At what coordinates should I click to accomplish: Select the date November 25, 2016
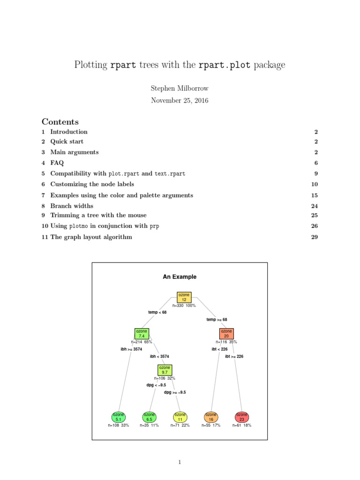(x=180, y=100)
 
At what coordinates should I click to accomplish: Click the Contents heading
(x=60, y=121)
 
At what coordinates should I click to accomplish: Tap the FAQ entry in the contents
(x=57, y=163)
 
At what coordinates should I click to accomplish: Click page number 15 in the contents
(x=315, y=195)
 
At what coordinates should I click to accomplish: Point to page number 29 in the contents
(x=315, y=237)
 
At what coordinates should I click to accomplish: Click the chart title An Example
(x=180, y=277)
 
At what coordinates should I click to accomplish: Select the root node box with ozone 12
(x=184, y=297)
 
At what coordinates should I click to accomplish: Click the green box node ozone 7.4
(x=142, y=334)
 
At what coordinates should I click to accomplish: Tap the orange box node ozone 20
(x=226, y=334)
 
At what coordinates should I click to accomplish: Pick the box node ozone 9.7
(x=165, y=370)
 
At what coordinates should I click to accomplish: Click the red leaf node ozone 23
(x=241, y=417)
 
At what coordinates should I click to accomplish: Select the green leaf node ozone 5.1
(x=119, y=417)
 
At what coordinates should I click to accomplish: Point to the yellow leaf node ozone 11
(x=180, y=417)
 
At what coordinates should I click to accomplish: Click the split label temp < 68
(x=157, y=312)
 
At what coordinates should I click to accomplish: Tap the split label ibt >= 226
(x=234, y=356)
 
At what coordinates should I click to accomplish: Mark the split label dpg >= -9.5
(x=175, y=392)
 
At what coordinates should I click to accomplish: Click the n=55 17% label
(x=211, y=426)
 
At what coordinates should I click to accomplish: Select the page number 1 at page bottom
(x=180, y=462)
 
